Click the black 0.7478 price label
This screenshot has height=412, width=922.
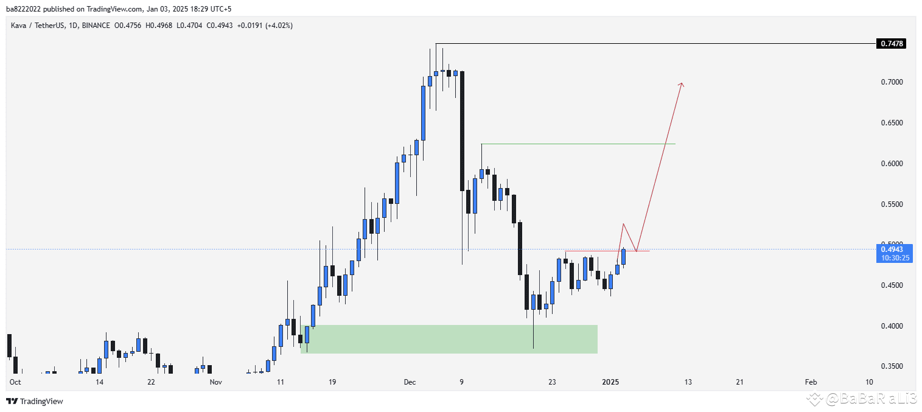click(x=891, y=44)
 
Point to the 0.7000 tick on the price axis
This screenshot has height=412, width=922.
click(x=892, y=82)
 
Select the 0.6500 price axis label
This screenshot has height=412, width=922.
click(x=892, y=123)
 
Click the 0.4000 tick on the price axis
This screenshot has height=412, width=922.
click(x=892, y=326)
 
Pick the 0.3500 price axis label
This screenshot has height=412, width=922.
click(x=892, y=366)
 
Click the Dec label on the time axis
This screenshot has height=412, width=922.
click(x=410, y=382)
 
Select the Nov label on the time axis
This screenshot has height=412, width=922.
click(x=215, y=382)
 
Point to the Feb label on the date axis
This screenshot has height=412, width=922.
click(x=811, y=382)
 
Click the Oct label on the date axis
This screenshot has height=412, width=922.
click(x=15, y=382)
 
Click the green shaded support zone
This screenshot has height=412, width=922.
click(x=449, y=339)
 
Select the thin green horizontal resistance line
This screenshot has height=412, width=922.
click(x=578, y=144)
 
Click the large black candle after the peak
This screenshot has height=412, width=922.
click(x=463, y=131)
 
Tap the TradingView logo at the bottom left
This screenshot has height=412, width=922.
click(x=35, y=401)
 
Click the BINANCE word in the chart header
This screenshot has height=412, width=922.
click(x=96, y=26)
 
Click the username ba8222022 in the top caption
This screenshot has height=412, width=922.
click(x=24, y=9)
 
